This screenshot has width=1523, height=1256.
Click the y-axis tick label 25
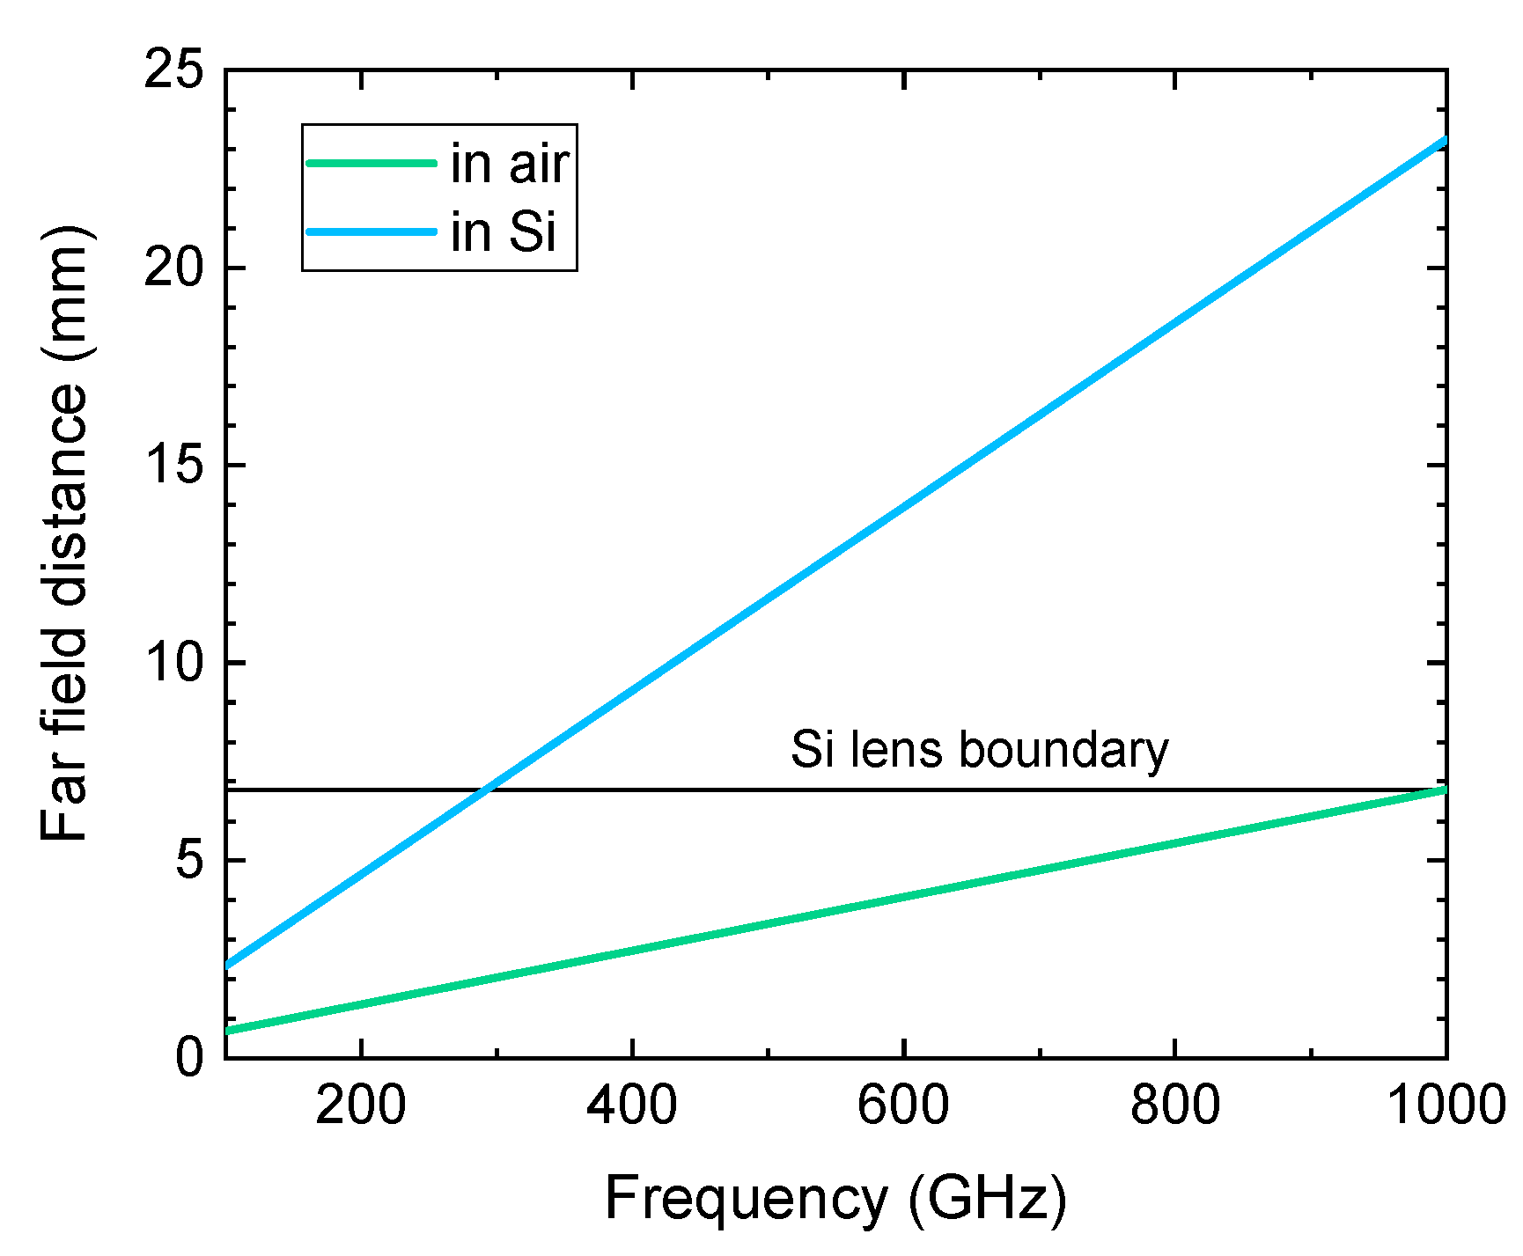(173, 70)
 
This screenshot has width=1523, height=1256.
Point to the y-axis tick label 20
(173, 268)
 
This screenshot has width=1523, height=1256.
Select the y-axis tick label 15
(173, 465)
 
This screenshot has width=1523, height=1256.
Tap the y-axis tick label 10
(173, 663)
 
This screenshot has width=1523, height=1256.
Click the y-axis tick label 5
(189, 860)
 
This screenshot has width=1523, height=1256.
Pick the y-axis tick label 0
(189, 1056)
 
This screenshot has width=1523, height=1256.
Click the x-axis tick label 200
(361, 1104)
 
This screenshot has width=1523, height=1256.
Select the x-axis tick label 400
(632, 1104)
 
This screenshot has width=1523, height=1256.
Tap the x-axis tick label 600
(904, 1104)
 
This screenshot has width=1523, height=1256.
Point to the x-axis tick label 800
(1175, 1104)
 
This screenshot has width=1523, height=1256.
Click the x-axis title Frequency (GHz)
(835, 1199)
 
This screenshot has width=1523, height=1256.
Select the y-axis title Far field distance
(66, 533)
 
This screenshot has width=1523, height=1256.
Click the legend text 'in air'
(510, 164)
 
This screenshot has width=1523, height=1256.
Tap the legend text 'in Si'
(504, 232)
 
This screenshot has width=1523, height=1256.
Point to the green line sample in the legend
(372, 164)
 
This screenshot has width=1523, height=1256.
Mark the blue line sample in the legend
(372, 232)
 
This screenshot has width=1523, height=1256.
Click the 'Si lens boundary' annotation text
(979, 750)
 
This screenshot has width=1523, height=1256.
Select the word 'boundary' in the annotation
(1063, 750)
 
